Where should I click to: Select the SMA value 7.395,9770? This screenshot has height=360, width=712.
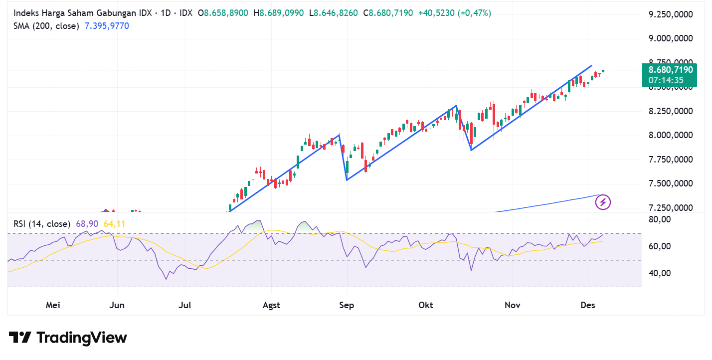coord(106,26)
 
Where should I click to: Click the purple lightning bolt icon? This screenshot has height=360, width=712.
coord(603,202)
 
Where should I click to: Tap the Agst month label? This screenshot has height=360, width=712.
coord(271,305)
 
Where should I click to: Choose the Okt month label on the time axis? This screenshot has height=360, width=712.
coord(425,305)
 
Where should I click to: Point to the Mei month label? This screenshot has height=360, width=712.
coord(53,305)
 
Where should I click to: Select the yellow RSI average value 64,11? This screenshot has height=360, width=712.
coord(114,224)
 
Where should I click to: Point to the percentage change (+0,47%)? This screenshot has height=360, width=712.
coord(473,13)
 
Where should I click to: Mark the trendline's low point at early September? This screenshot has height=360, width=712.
coord(347,180)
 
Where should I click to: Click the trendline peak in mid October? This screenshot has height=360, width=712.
coord(456,106)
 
